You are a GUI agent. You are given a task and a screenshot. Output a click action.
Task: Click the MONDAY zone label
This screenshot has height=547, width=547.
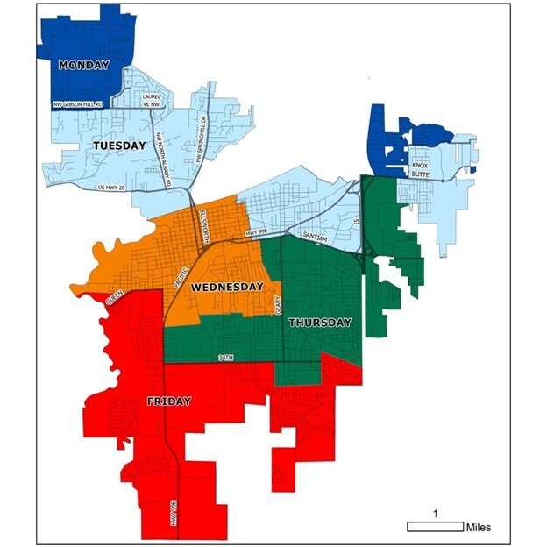[84, 65]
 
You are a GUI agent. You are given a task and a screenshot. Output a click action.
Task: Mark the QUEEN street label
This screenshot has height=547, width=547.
[115, 299]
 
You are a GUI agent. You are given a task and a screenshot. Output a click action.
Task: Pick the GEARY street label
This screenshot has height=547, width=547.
[276, 305]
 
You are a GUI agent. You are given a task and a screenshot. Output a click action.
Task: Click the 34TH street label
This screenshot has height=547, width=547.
[226, 359]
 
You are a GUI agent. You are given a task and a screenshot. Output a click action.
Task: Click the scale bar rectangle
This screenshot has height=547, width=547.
[435, 526]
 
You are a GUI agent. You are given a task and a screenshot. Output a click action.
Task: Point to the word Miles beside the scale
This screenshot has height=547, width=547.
[478, 527]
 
